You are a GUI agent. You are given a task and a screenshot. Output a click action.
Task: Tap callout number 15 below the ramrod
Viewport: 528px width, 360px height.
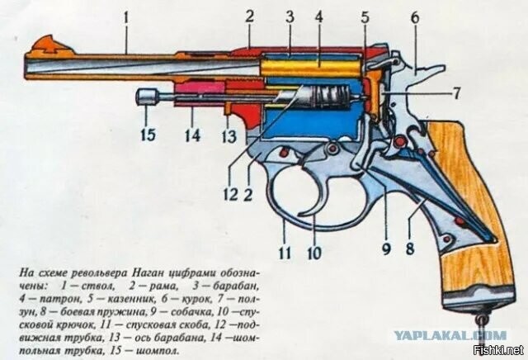click(148, 133)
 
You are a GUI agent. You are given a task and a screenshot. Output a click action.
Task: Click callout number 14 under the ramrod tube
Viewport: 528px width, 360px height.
click(192, 133)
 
